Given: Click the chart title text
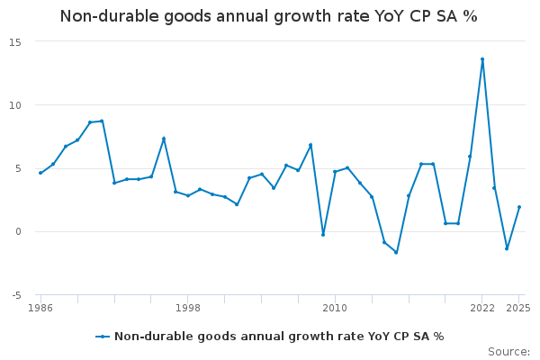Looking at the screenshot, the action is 268,16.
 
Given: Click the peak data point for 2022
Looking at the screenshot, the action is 482,59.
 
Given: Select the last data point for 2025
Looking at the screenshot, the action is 519,207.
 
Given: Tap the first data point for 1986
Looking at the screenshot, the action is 40,173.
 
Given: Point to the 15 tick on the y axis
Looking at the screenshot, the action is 15,42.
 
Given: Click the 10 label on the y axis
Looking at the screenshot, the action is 15,105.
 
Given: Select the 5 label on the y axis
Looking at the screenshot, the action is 18,169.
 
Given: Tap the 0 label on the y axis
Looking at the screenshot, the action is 18,232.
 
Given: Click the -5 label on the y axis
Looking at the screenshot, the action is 16,295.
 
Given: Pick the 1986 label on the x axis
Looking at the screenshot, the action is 40,308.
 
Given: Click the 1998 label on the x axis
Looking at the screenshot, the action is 188,308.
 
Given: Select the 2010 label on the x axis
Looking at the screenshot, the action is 335,308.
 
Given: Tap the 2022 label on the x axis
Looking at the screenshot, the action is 482,308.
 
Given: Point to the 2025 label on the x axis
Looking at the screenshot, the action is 518,308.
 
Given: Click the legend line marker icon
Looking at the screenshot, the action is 103,337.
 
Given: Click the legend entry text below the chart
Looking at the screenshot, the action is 279,337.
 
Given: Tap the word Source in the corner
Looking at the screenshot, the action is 509,352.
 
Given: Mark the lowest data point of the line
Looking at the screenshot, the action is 396,253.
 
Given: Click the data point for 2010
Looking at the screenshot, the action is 335,172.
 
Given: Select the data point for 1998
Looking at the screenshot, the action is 188,195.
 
